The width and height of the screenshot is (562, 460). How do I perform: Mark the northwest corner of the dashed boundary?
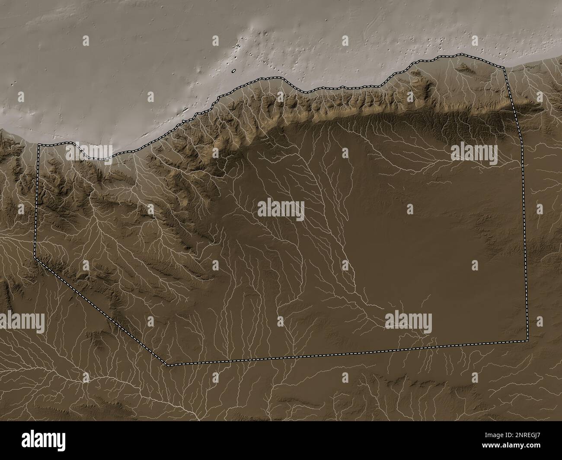point(39,145)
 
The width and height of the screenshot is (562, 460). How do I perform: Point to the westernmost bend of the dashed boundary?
point(34,257)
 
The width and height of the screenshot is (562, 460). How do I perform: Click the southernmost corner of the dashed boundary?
point(169,365)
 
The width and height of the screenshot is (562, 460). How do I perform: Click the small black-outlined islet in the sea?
point(233,71)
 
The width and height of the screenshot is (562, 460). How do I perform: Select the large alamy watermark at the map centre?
point(281,209)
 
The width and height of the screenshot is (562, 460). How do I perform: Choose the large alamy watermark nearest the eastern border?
point(474,152)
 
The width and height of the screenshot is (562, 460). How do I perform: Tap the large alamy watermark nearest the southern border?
point(408,320)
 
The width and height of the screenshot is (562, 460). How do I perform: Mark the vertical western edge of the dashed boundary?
point(38,199)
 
